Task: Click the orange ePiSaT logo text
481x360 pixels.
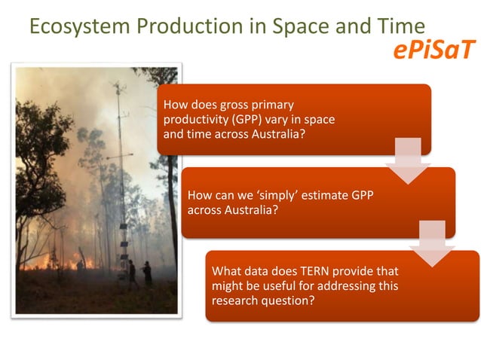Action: pyautogui.click(x=434, y=50)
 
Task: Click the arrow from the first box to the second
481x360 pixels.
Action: pyautogui.click(x=408, y=160)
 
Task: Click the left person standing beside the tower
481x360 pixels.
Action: pyautogui.click(x=132, y=273)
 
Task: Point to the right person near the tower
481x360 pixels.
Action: pyautogui.click(x=147, y=273)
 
